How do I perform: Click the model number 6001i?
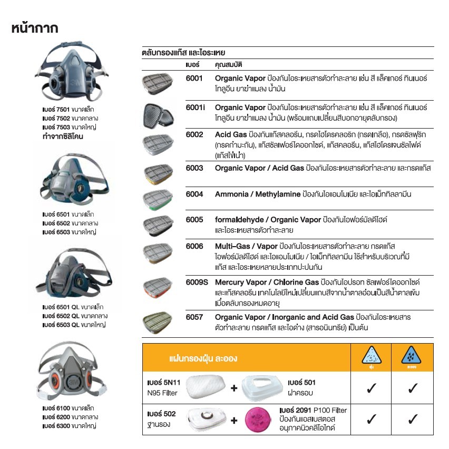pos(195,107)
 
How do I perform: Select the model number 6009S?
pos(197,282)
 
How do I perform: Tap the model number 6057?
pos(194,317)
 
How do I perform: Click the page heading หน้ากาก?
pos(34,28)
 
